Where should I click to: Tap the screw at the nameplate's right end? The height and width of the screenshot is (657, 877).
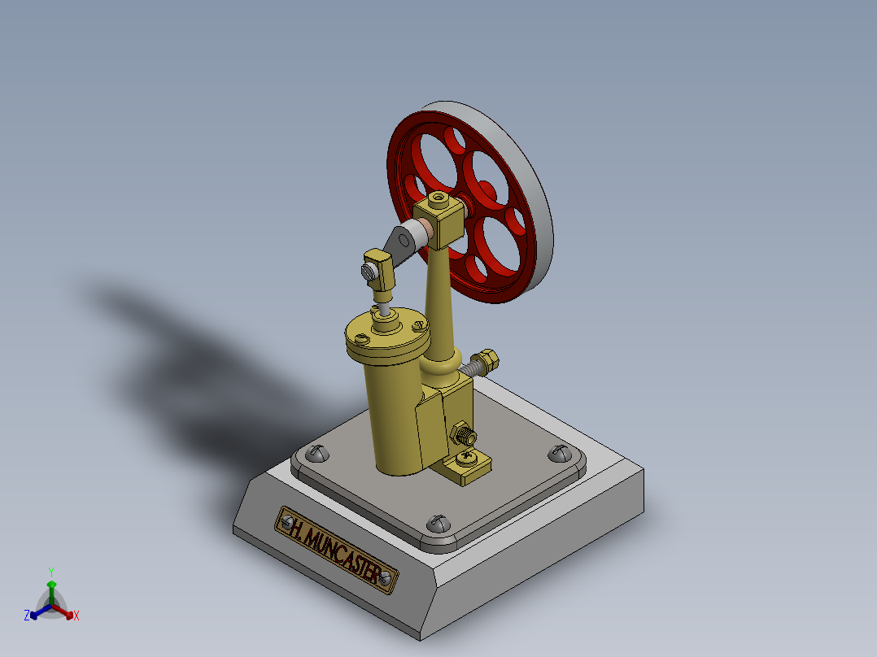click(x=386, y=578)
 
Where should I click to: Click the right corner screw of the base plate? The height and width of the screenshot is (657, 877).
click(x=560, y=451)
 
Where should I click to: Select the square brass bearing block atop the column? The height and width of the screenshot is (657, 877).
click(x=439, y=220)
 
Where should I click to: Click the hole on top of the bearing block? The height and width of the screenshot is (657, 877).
click(x=438, y=198)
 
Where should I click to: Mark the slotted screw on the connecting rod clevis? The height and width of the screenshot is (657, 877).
click(x=372, y=270)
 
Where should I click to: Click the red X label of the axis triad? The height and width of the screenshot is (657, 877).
click(x=76, y=616)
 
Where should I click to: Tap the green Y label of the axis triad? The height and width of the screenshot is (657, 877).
click(x=50, y=572)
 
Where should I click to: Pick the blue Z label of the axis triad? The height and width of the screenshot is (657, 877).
click(x=27, y=616)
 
